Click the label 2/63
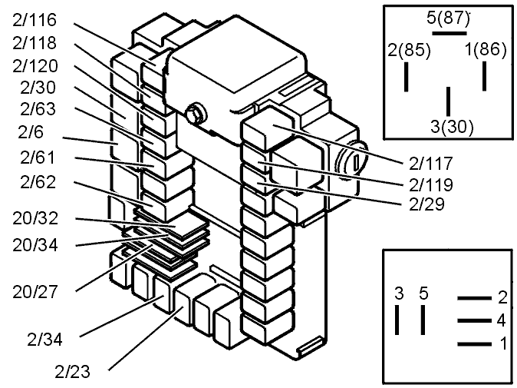tap(33, 109)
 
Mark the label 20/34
tap(35, 245)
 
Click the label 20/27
tap(35, 291)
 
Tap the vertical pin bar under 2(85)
tap(407, 78)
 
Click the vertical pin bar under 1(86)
tap(485, 76)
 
